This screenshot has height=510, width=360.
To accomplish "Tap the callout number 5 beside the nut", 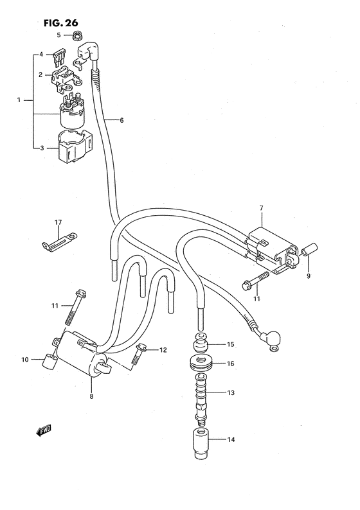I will pyautogui.click(x=59, y=35).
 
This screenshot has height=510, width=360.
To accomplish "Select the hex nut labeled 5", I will pyautogui.click(x=76, y=35).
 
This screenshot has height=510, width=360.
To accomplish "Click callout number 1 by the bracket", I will pyautogui.click(x=19, y=100).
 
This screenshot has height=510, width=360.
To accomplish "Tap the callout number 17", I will pyautogui.click(x=58, y=222).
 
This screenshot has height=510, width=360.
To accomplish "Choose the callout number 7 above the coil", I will pyautogui.click(x=261, y=207).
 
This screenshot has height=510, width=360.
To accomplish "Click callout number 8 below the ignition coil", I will pyautogui.click(x=92, y=396).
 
